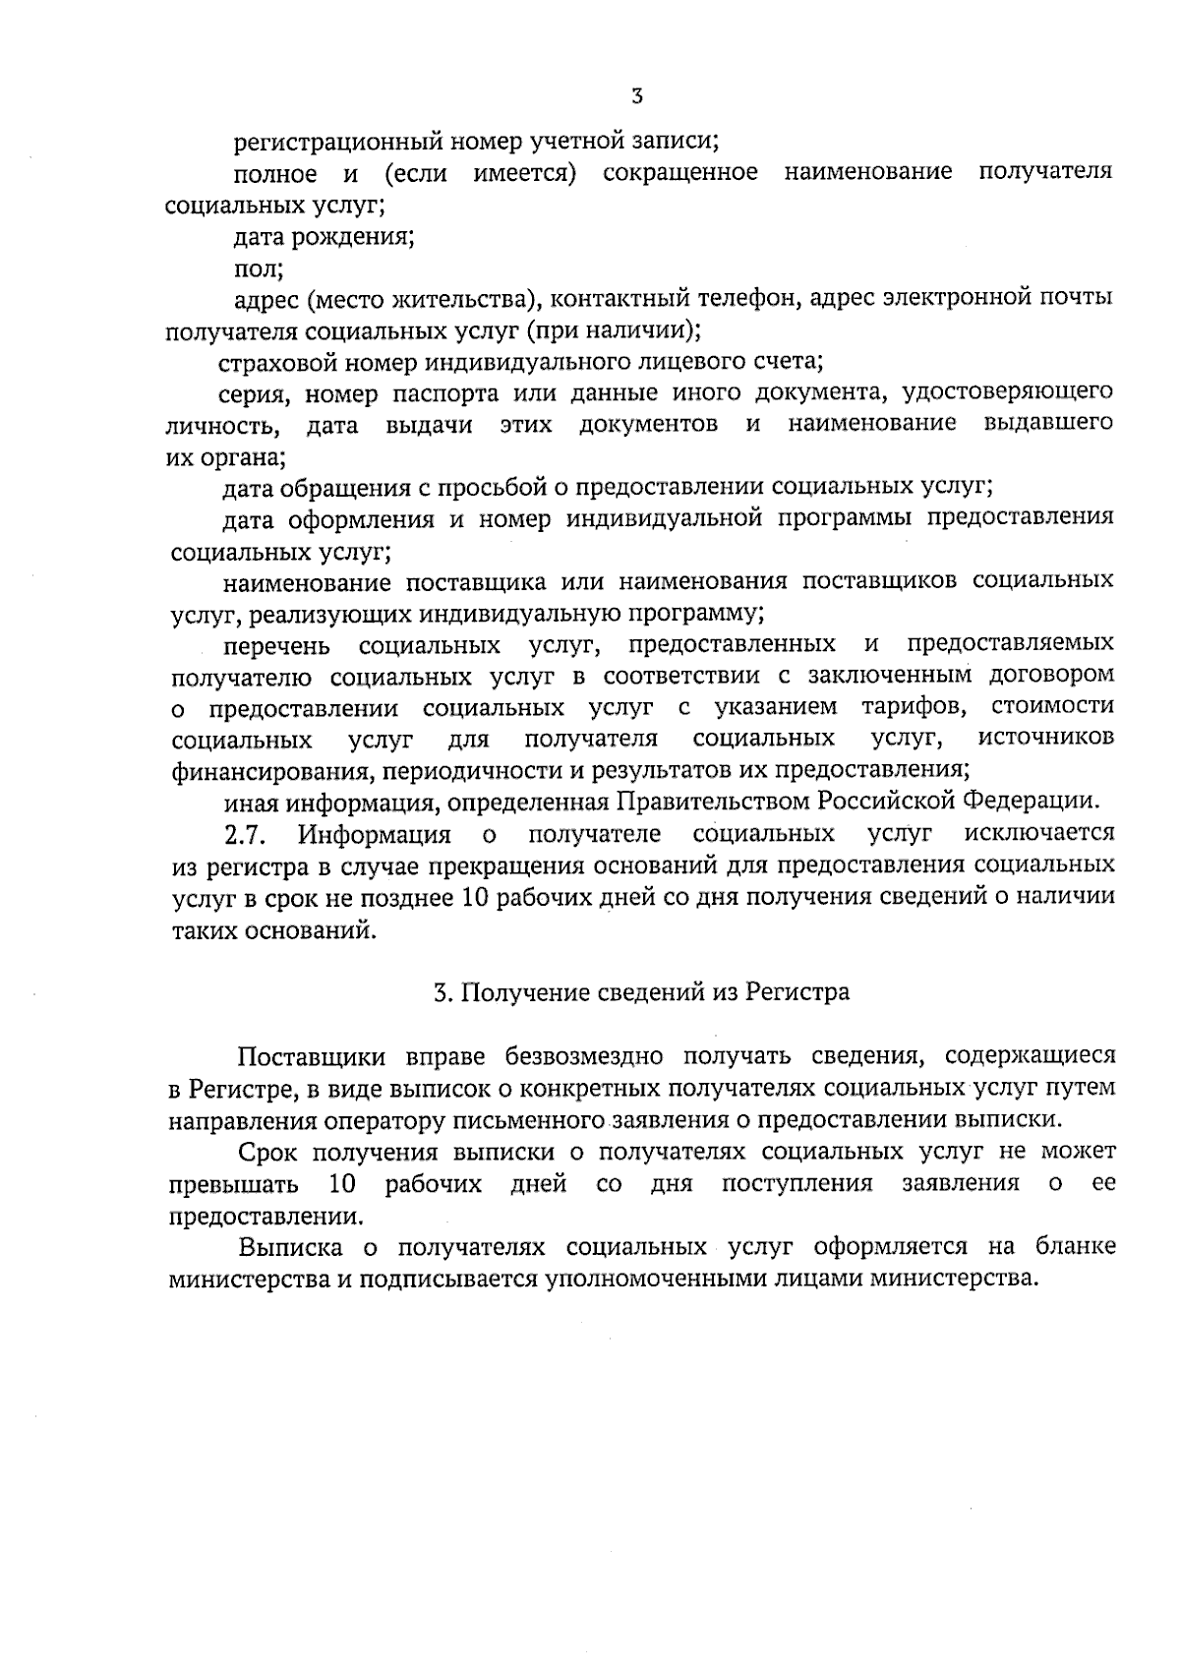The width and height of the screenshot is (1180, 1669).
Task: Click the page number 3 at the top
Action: [x=637, y=96]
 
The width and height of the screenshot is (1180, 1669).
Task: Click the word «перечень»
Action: [x=277, y=646]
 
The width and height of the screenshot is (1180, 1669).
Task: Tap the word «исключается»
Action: [x=1040, y=834]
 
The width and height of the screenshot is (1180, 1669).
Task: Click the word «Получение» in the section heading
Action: [x=525, y=992]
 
